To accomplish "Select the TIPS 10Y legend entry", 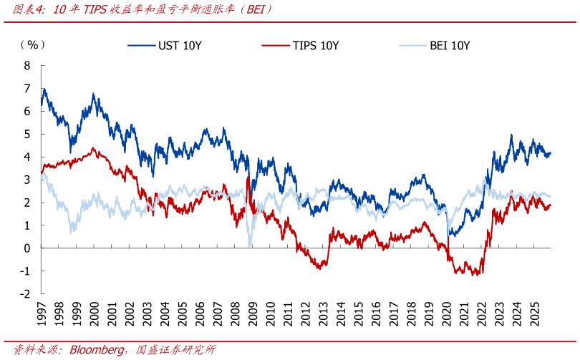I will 315,45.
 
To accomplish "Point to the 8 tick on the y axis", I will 27,65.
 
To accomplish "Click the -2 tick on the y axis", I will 25,293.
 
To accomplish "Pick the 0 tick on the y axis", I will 27,248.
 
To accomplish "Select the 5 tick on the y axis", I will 27,134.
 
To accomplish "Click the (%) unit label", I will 32,44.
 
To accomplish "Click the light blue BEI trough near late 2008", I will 249,245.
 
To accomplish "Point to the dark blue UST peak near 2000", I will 93,94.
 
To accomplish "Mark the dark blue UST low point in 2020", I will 450,235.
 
